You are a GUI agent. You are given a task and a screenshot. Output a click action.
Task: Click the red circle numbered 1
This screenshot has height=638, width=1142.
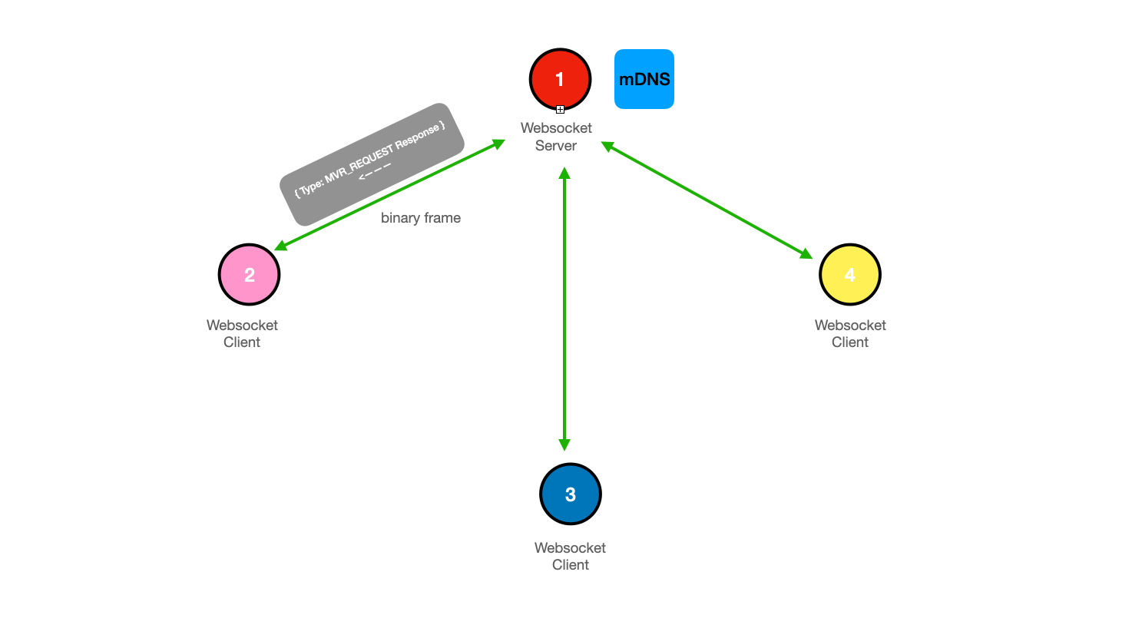pyautogui.click(x=560, y=80)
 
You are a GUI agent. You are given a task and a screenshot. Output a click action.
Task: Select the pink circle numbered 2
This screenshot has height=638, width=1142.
pyautogui.click(x=249, y=275)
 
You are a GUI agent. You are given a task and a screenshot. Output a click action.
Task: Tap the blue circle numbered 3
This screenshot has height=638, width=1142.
pyautogui.click(x=571, y=494)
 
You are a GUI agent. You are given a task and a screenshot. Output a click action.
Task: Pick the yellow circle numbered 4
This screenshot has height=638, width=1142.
pyautogui.click(x=850, y=275)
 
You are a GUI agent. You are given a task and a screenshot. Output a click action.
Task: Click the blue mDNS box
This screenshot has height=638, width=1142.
pyautogui.click(x=644, y=79)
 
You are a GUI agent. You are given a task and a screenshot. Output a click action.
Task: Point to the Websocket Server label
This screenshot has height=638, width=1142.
pyautogui.click(x=556, y=137)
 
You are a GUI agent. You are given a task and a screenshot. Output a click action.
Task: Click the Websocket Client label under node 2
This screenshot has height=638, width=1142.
pyautogui.click(x=242, y=333)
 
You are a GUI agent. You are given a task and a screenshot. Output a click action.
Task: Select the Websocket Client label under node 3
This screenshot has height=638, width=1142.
pyautogui.click(x=570, y=556)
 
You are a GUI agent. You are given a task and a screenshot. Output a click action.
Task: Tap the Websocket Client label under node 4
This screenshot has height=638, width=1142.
pyautogui.click(x=850, y=333)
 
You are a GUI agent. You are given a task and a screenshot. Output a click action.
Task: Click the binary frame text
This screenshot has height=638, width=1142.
pyautogui.click(x=421, y=218)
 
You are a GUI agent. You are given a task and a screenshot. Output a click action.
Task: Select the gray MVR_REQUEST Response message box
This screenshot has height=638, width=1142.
pyautogui.click(x=372, y=164)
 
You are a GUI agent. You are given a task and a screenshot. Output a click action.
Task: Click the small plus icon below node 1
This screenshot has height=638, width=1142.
pyautogui.click(x=560, y=109)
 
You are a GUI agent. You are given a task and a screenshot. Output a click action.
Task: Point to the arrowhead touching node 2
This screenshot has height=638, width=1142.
pyautogui.click(x=281, y=246)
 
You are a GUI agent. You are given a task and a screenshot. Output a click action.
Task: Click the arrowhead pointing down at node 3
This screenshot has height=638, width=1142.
pyautogui.click(x=564, y=445)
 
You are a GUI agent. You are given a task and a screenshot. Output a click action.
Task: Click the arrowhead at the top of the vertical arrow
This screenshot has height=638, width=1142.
pyautogui.click(x=564, y=174)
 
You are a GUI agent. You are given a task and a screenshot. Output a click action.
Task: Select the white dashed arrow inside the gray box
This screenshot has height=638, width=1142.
pyautogui.click(x=375, y=172)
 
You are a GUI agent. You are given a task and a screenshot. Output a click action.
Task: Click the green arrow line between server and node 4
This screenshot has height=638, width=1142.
pyautogui.click(x=707, y=200)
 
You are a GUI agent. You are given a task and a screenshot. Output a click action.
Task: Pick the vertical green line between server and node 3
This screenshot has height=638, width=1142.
pyautogui.click(x=564, y=309)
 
